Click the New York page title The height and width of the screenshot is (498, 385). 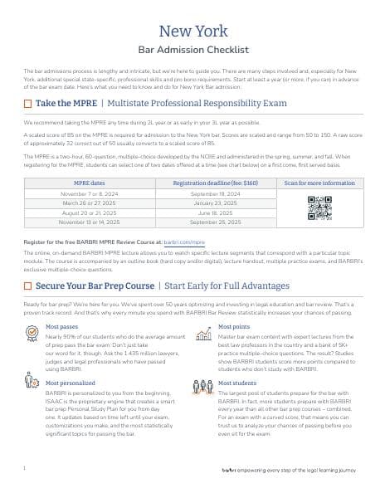[x=192, y=32]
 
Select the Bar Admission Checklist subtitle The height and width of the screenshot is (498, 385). [x=192, y=51]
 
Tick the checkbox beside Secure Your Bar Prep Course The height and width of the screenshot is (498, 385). [x=27, y=285]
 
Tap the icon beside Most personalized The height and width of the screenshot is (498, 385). [x=31, y=387]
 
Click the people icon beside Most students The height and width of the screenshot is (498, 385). [x=202, y=386]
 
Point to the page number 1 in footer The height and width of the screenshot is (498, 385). [x=25, y=469]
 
